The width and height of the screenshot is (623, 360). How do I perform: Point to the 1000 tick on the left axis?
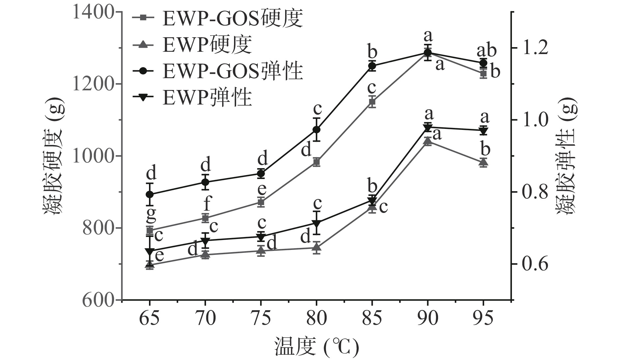pyautogui.click(x=94, y=156)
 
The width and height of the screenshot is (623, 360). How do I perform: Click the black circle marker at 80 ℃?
pyautogui.click(x=316, y=130)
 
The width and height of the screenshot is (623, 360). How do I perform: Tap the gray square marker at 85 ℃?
pyautogui.click(x=372, y=102)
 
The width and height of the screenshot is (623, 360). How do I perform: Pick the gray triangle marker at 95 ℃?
pyautogui.click(x=483, y=162)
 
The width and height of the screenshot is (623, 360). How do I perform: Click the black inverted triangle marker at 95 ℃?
pyautogui.click(x=483, y=131)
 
